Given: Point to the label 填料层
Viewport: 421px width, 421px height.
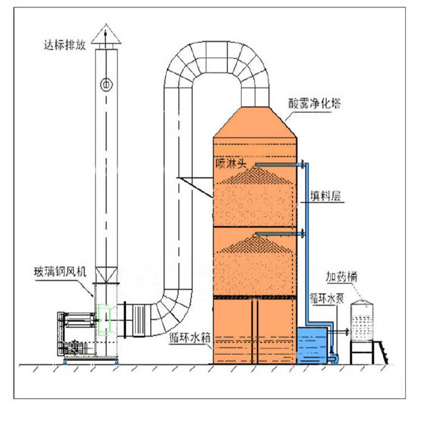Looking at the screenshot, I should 326,197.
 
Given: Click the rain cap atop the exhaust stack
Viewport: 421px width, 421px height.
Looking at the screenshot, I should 106,35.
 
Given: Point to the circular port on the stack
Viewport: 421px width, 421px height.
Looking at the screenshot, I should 106,84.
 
